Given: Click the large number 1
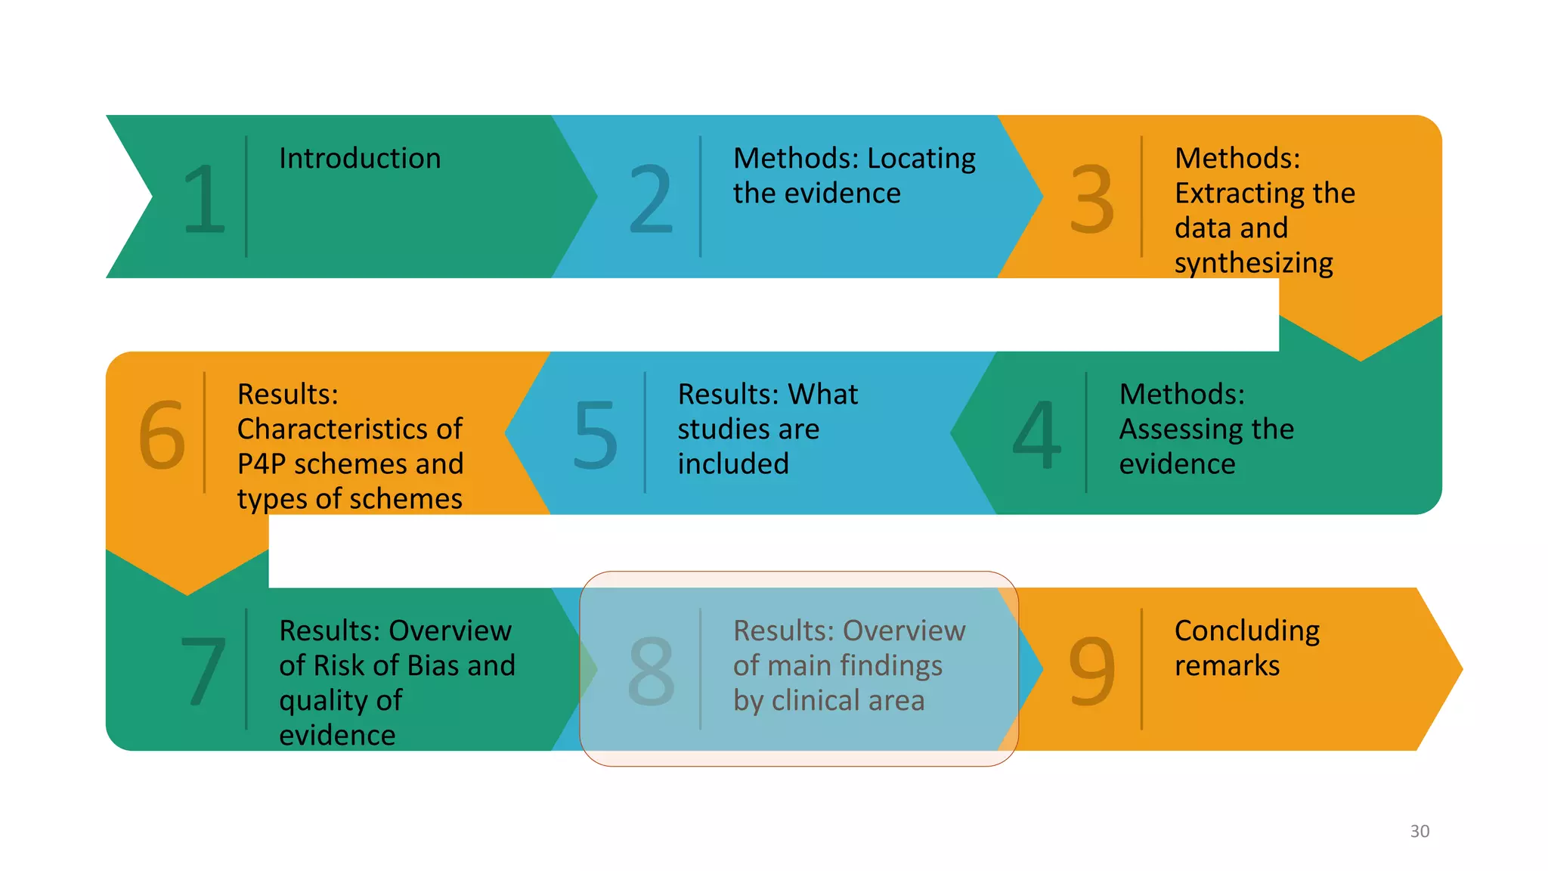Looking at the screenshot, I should click(205, 199).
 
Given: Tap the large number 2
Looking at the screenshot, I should click(651, 199).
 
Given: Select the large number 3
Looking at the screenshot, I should click(1091, 199).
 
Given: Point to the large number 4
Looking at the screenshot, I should click(1036, 435).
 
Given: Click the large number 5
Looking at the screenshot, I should click(595, 435).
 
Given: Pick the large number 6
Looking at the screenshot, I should click(162, 435).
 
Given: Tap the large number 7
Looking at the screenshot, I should click(203, 671).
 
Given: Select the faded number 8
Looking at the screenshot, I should click(651, 671).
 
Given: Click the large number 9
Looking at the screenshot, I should click(1091, 671).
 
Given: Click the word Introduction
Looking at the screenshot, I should click(360, 159).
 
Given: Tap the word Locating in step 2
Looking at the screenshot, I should click(921, 159).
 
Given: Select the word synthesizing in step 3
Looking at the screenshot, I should click(1253, 263).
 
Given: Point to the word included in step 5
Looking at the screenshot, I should click(732, 463).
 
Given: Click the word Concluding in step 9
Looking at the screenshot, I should click(1246, 631).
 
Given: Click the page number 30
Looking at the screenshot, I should click(1420, 831).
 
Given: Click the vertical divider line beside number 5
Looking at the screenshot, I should click(645, 432).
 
